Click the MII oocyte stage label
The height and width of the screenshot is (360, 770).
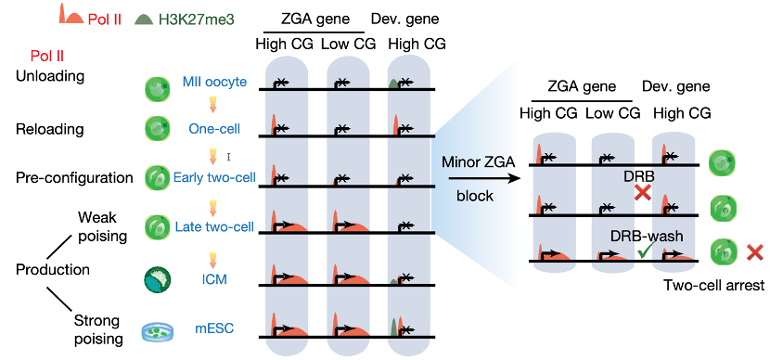(213, 81)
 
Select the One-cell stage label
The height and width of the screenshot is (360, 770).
(214, 129)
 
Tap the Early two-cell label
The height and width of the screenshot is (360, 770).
(214, 177)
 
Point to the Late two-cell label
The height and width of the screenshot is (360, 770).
(214, 226)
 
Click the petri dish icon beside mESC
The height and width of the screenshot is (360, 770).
(157, 332)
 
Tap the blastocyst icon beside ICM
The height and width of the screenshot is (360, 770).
(157, 280)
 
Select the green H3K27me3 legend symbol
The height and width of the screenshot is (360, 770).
(145, 19)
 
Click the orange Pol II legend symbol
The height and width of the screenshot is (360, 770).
(71, 14)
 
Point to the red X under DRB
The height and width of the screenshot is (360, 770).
(643, 192)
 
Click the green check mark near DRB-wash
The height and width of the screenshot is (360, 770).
(644, 252)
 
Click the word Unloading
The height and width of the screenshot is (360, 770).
(50, 77)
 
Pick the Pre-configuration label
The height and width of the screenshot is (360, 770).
(74, 177)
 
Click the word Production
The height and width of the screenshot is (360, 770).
(53, 270)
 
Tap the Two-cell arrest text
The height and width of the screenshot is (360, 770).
(713, 286)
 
